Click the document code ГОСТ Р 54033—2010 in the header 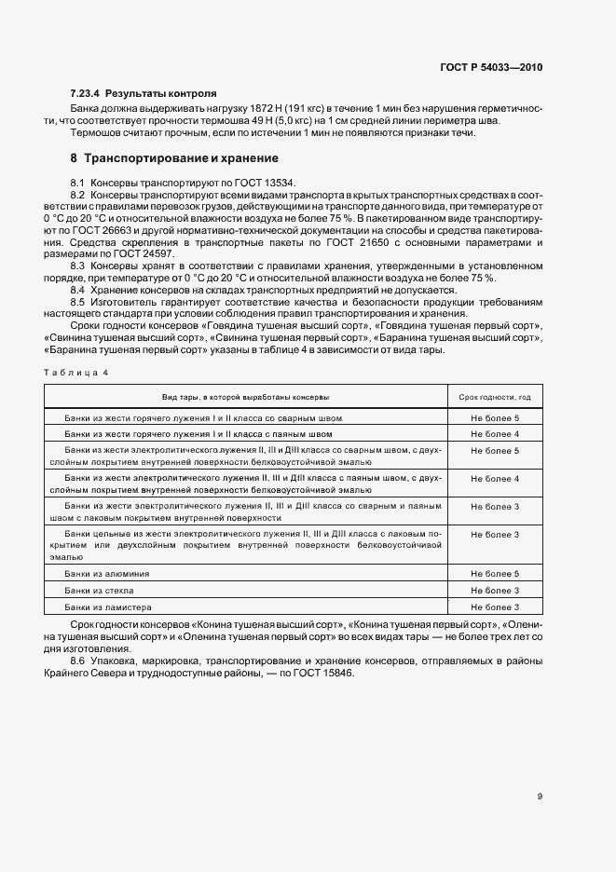tap(492, 68)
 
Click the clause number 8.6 tap(78, 661)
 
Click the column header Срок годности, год tap(495, 397)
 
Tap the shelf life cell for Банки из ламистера tap(495, 607)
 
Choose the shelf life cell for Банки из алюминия tap(495, 574)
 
